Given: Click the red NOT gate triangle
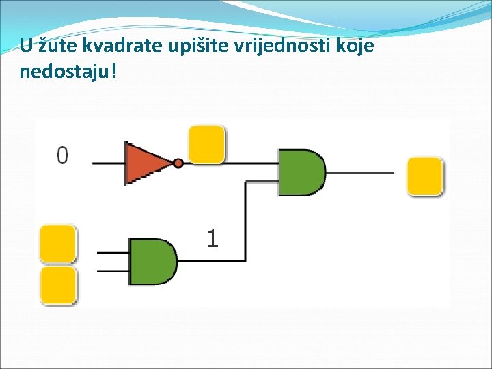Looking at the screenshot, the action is (x=145, y=163).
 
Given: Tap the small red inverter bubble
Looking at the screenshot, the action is (x=178, y=163).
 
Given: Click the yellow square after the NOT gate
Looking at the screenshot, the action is (x=206, y=144).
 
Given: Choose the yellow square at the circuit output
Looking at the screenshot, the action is (x=425, y=176).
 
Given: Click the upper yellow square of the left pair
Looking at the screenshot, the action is (x=58, y=243).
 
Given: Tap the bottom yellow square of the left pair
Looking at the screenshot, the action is (x=58, y=285).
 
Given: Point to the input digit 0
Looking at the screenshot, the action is (x=62, y=156).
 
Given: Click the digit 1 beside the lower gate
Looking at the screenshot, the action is (x=213, y=238).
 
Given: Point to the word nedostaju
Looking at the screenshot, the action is (x=62, y=71).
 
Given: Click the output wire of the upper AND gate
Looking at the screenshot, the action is (x=359, y=172).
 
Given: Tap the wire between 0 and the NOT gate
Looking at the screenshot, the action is (x=107, y=163).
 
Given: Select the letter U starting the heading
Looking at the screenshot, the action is (x=25, y=46).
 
